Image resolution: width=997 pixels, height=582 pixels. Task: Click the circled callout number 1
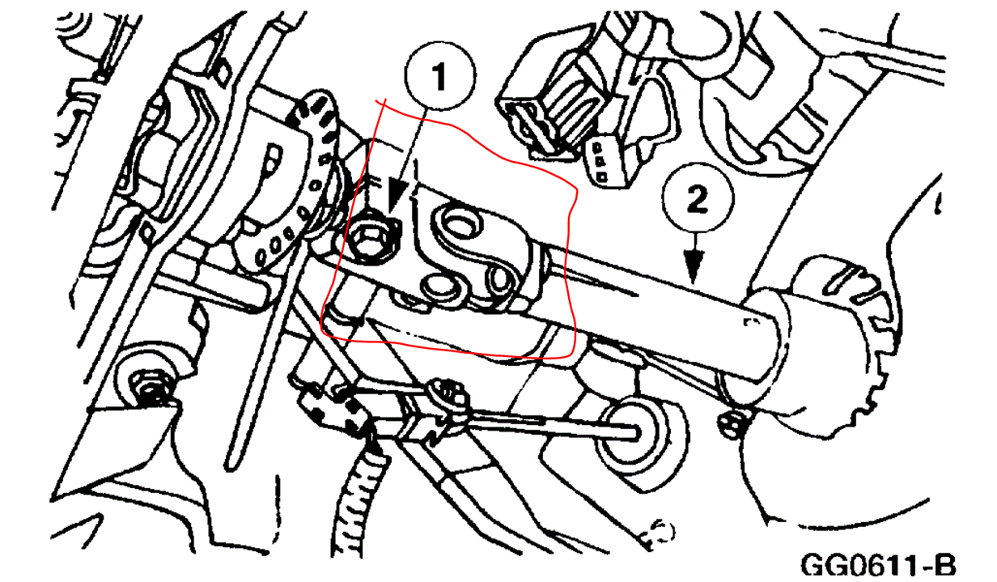point(440,76)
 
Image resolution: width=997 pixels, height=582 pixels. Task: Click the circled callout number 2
point(697,198)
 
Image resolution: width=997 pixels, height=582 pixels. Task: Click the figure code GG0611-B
point(878,565)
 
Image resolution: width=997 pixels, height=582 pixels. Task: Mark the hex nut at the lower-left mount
point(147,389)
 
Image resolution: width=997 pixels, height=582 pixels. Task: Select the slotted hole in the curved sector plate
point(272,157)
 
